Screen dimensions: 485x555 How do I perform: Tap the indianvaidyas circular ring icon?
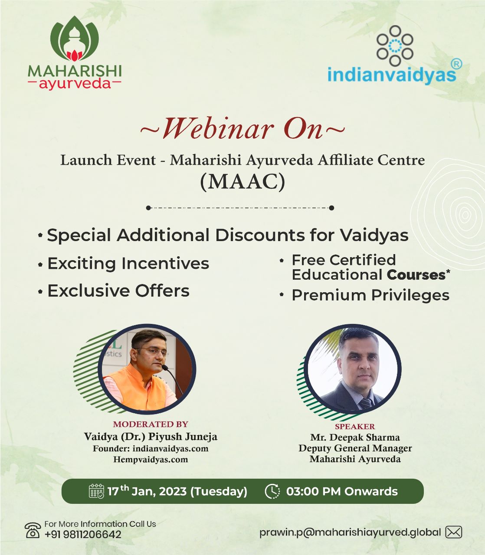pyautogui.click(x=395, y=46)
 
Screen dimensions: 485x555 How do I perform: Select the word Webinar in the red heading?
pyautogui.click(x=218, y=129)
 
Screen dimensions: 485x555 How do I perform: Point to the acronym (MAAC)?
pyautogui.click(x=242, y=182)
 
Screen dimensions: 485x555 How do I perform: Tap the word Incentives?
pyautogui.click(x=165, y=263)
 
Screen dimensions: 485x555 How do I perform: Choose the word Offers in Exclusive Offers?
pyautogui.click(x=162, y=291)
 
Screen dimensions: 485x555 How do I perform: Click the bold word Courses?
pyautogui.click(x=416, y=275)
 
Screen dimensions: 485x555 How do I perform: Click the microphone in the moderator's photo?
pyautogui.click(x=173, y=379)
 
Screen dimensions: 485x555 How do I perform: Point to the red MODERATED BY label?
pyautogui.click(x=151, y=424)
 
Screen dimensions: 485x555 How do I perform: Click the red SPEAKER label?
pyautogui.click(x=355, y=426)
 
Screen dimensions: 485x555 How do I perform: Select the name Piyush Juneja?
pyautogui.click(x=183, y=437)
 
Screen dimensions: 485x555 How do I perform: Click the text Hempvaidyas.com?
pyautogui.click(x=151, y=459)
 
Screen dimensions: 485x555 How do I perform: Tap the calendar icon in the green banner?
pyautogui.click(x=96, y=491)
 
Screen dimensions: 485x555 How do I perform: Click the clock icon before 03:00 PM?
pyautogui.click(x=272, y=491)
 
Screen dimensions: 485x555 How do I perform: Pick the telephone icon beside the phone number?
pyautogui.click(x=33, y=530)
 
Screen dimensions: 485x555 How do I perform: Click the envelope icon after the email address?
pyautogui.click(x=453, y=532)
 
